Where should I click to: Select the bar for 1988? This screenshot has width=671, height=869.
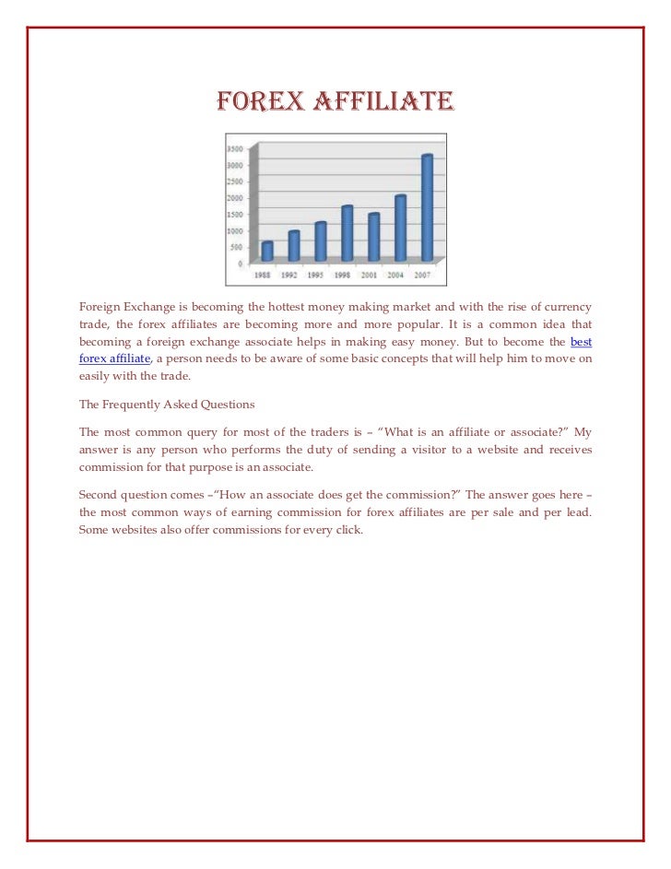(267, 251)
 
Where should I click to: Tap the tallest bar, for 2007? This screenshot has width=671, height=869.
(427, 207)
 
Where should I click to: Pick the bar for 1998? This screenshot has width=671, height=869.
(347, 233)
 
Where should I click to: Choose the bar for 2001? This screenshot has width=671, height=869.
(373, 237)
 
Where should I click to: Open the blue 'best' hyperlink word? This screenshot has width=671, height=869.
(581, 341)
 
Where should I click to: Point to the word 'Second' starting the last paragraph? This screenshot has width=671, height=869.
(100, 493)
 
